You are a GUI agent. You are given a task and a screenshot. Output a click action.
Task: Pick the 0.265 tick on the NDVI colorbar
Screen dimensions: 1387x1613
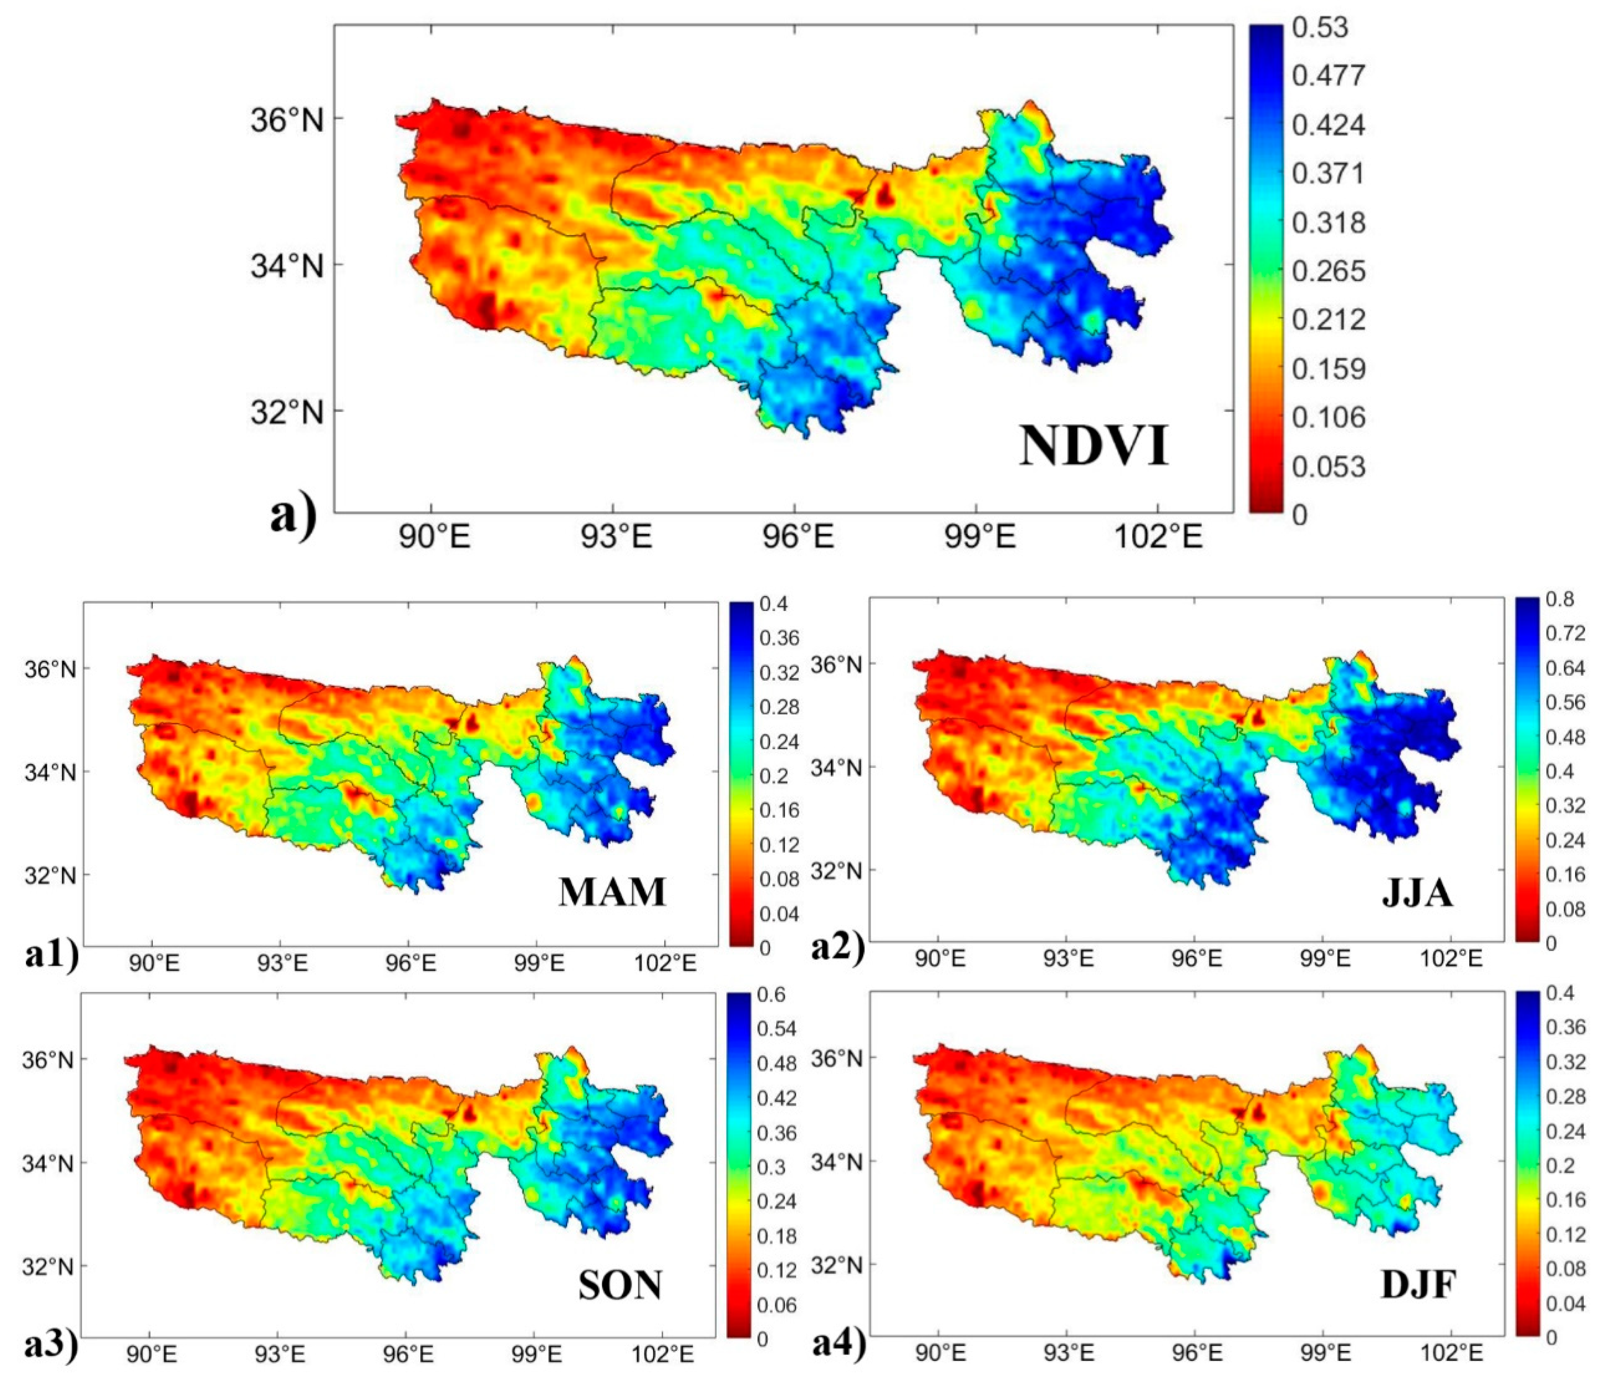click(x=1328, y=271)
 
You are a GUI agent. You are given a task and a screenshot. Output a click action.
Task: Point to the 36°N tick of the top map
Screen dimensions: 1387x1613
click(x=286, y=120)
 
